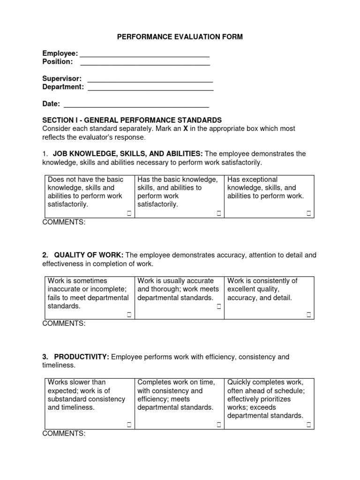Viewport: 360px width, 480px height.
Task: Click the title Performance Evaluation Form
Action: (x=180, y=37)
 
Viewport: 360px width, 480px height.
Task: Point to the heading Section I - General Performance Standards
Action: (x=132, y=120)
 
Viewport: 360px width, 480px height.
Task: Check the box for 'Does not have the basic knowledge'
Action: (x=129, y=214)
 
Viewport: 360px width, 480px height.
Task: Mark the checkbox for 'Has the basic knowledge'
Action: (x=219, y=214)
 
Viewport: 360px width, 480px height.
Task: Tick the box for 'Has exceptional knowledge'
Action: (x=309, y=214)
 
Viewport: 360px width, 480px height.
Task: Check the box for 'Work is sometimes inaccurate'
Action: (x=129, y=315)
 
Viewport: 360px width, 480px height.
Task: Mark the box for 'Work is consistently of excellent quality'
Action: (x=309, y=315)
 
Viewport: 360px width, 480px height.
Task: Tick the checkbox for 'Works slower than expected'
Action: (x=129, y=425)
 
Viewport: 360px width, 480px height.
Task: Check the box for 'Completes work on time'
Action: (x=219, y=425)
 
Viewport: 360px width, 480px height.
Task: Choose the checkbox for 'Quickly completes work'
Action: (x=309, y=425)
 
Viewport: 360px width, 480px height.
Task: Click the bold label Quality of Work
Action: (x=89, y=255)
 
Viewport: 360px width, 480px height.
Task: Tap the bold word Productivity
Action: (x=82, y=357)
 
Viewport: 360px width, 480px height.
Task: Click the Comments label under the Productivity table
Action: (x=64, y=434)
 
